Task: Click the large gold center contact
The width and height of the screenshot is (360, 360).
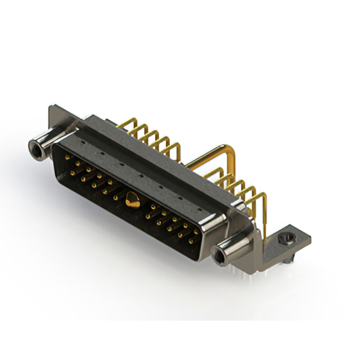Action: point(132,199)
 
